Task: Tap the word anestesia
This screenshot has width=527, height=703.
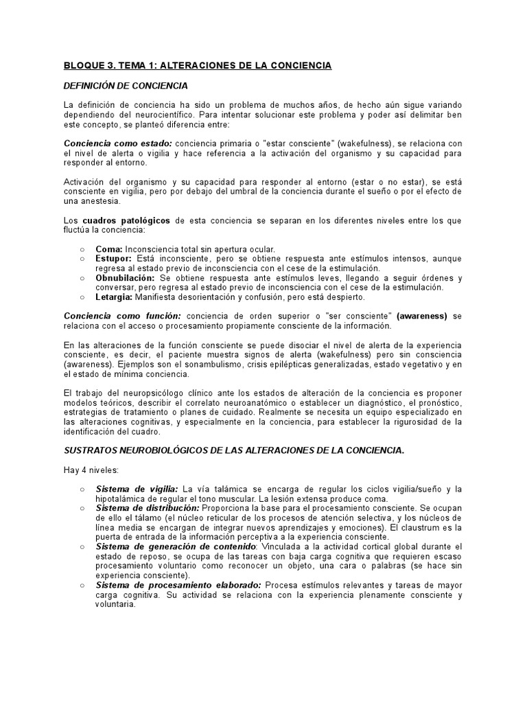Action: coord(101,202)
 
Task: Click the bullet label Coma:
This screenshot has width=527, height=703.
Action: coord(110,249)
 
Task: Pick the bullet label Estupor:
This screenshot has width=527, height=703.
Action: coord(115,259)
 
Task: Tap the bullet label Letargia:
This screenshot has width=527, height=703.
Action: coord(115,297)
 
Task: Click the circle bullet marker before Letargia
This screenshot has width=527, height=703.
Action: coord(83,297)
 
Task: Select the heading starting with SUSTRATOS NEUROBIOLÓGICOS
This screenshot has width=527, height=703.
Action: coord(233,450)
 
